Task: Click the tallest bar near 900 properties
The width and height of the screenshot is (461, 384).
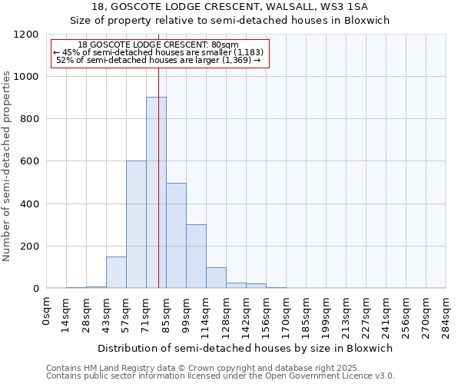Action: [x=156, y=192]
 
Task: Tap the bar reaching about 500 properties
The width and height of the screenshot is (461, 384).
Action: [x=176, y=235]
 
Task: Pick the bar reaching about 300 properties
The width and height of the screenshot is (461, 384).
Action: [x=196, y=257]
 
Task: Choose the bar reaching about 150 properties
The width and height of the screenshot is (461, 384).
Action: [x=116, y=273]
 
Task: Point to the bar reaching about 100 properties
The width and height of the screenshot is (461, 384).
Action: [x=216, y=278]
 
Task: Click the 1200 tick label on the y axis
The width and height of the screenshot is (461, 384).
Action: [x=25, y=35]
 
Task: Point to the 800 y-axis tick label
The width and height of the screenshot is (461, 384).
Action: [x=28, y=119]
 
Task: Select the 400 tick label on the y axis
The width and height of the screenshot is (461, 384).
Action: [x=28, y=204]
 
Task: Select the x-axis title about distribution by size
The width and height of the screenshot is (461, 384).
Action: [x=244, y=348]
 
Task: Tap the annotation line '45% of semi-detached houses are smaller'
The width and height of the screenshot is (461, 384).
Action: [x=159, y=52]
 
